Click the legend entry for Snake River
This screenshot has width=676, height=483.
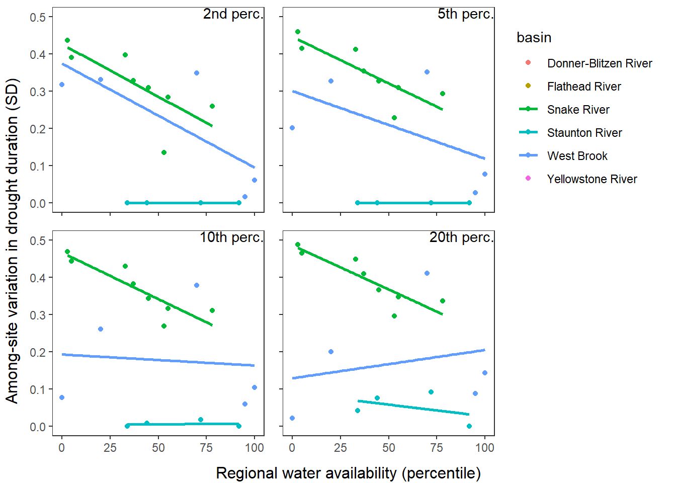pyautogui.click(x=578, y=110)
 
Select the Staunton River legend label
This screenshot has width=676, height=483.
pyautogui.click(x=584, y=133)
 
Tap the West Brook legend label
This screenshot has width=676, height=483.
pyautogui.click(x=577, y=156)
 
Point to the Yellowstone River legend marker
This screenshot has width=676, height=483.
pyautogui.click(x=528, y=178)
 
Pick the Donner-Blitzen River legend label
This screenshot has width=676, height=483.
pyautogui.click(x=600, y=63)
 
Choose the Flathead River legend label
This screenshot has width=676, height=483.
pyautogui.click(x=584, y=87)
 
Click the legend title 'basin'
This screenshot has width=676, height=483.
pyautogui.click(x=534, y=38)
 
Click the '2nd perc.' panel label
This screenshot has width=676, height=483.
pyautogui.click(x=233, y=14)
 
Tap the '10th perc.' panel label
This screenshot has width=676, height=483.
pyautogui.click(x=231, y=237)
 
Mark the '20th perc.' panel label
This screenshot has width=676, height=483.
pyautogui.click(x=461, y=237)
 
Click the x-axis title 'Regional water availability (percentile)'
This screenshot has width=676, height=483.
pyautogui.click(x=348, y=473)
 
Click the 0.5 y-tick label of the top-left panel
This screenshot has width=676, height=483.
pyautogui.click(x=38, y=18)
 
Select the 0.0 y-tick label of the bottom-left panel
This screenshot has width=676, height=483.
pyautogui.click(x=38, y=427)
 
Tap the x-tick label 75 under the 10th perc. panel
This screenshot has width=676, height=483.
pyautogui.click(x=206, y=448)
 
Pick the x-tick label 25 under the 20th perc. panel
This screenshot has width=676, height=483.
pyautogui.click(x=341, y=448)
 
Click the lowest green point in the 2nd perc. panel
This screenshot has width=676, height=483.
pyautogui.click(x=164, y=152)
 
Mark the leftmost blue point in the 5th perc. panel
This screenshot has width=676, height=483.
pyautogui.click(x=292, y=128)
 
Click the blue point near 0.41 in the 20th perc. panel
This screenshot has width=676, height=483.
pyautogui.click(x=427, y=273)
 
